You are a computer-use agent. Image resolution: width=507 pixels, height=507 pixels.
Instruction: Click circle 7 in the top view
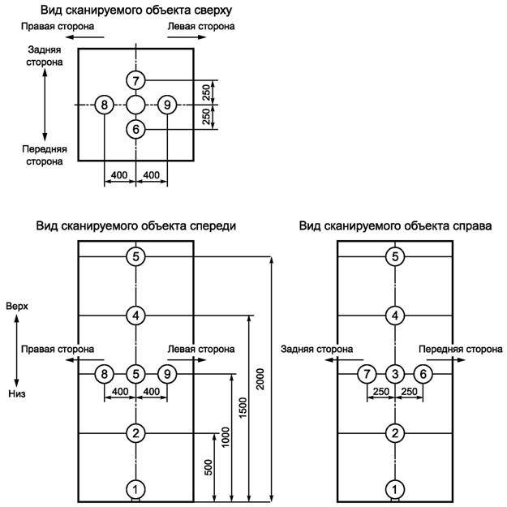(x=135, y=80)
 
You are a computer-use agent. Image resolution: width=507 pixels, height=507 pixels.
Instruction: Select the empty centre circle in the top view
(x=135, y=105)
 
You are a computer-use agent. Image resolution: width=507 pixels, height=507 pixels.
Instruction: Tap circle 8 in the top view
(x=104, y=105)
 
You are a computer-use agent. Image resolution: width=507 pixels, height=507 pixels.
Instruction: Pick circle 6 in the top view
(x=135, y=129)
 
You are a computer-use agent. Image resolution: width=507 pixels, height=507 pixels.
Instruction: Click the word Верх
(x=17, y=307)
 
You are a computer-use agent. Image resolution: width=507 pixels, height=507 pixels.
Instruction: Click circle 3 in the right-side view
(x=394, y=374)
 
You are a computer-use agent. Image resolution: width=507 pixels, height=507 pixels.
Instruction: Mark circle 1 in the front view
(x=135, y=489)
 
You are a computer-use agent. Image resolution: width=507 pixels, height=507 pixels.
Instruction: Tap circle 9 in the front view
(x=166, y=374)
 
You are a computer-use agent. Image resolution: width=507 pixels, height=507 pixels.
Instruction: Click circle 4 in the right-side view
(x=394, y=316)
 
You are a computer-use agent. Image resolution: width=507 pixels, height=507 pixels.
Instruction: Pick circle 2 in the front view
(x=135, y=433)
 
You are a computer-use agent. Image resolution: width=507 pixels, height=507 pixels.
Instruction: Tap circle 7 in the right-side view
(x=367, y=374)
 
